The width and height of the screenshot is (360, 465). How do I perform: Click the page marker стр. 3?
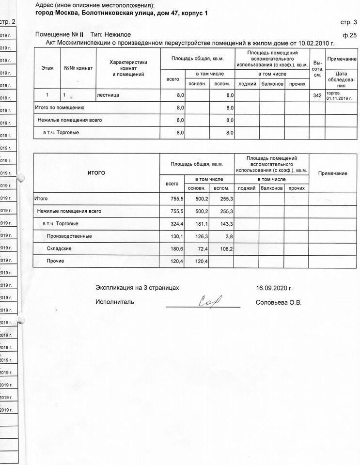(x=349, y=22)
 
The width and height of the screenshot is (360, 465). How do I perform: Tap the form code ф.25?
(x=349, y=35)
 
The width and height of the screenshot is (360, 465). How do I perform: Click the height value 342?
(x=317, y=95)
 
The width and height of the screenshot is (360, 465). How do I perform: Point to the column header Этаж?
(x=47, y=68)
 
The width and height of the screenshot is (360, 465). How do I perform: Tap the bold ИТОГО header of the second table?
(x=96, y=173)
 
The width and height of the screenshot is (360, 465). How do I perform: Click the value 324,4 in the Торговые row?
(x=174, y=224)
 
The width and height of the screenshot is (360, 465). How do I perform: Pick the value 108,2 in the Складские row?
(x=226, y=249)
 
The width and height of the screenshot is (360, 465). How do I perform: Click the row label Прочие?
(x=55, y=262)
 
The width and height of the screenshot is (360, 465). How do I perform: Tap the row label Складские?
(x=60, y=249)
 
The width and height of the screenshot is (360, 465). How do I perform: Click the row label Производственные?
(x=69, y=236)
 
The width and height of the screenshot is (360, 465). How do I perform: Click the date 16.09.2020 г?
(x=274, y=288)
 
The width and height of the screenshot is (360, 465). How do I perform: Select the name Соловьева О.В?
(x=278, y=303)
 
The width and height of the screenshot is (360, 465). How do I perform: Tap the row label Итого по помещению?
(x=61, y=108)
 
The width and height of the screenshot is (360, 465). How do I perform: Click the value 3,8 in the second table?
(x=229, y=236)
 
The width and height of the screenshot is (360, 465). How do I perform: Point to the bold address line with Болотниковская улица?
(x=122, y=13)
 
